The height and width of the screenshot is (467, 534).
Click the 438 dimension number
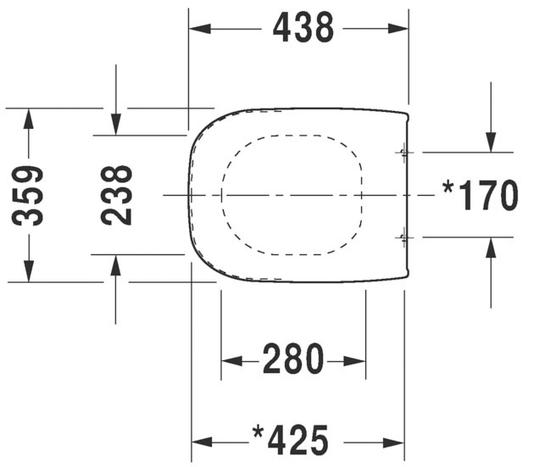coord(303,28)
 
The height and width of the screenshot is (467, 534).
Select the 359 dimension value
coord(27,196)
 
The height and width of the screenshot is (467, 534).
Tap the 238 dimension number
coord(116,195)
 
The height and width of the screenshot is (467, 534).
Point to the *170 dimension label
coord(480,196)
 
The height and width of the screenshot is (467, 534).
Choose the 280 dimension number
coord(293,359)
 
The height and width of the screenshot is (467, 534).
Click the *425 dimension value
coord(291,440)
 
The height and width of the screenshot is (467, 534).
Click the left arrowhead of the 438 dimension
coord(200,29)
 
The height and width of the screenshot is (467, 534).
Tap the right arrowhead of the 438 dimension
coord(398,29)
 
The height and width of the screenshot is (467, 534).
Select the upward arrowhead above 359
coord(29,119)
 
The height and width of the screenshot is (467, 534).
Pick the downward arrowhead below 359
coord(29,271)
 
